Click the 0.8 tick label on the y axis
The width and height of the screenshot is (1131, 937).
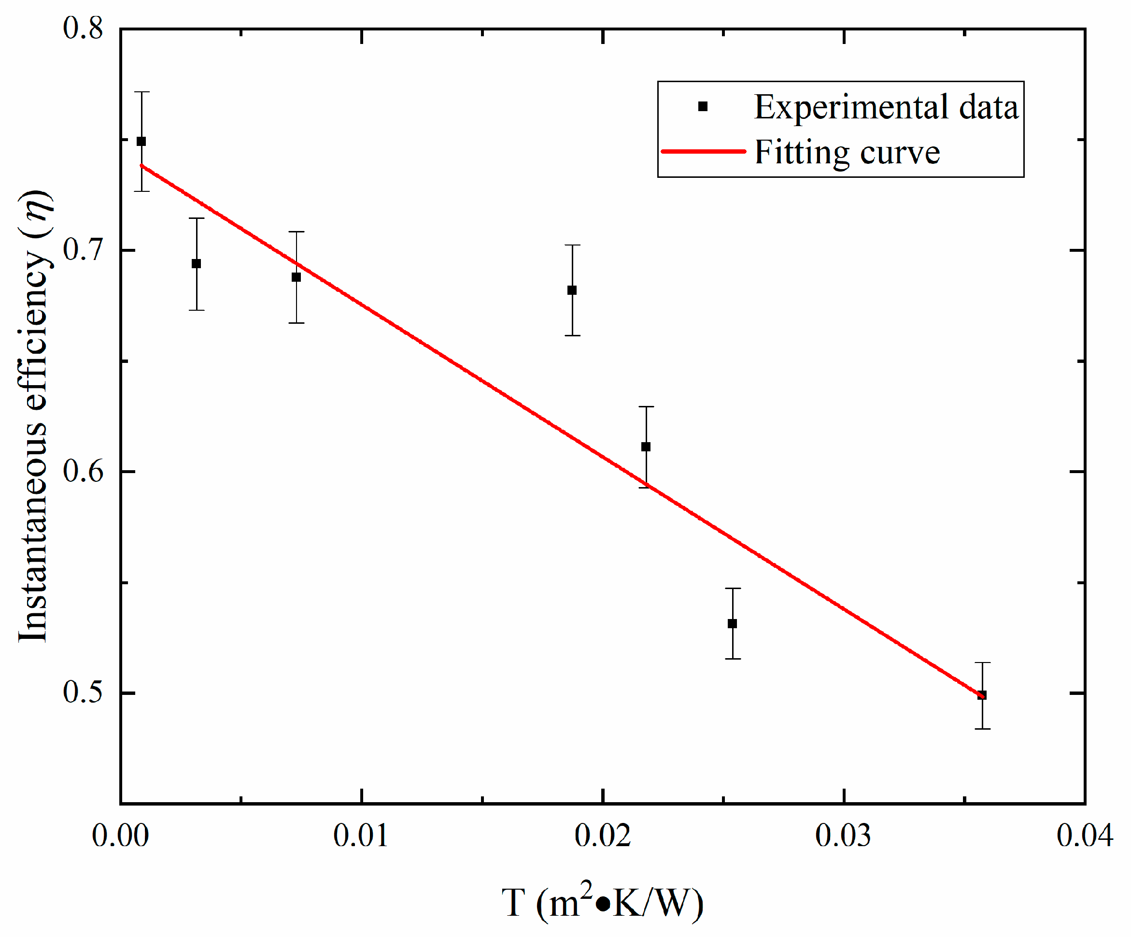coord(83,28)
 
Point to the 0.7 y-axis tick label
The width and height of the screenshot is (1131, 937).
coord(83,250)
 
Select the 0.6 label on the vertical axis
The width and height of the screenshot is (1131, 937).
coord(83,472)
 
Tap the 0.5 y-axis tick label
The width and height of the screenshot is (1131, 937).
coord(83,693)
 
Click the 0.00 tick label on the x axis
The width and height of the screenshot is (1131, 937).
coord(120,836)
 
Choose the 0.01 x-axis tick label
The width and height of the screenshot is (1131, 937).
coord(361,836)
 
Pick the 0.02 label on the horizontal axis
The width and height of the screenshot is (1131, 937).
coord(602,836)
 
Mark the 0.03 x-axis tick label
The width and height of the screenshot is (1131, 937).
coord(843,836)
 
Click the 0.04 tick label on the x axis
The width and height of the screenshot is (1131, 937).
coord(1084,836)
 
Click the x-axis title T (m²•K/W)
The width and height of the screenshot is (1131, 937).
coord(602,903)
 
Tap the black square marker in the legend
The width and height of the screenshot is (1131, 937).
coord(703,107)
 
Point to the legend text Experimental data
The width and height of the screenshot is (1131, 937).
coord(886,107)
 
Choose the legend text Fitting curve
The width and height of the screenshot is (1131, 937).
coord(847,153)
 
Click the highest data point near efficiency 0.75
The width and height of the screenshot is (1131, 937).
coord(141,141)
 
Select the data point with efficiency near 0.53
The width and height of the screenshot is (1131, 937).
coord(733,624)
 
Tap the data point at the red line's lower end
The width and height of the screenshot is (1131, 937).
coord(982,695)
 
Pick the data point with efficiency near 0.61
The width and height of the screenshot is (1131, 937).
coord(646,447)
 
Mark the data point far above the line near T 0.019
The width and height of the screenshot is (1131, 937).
coord(572,290)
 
